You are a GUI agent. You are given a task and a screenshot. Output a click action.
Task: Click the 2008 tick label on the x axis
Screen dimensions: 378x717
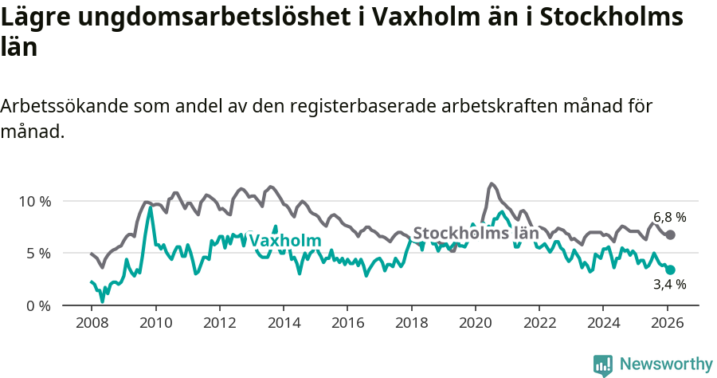[x=92, y=324]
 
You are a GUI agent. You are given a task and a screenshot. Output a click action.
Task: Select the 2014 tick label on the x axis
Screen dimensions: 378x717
[x=284, y=324]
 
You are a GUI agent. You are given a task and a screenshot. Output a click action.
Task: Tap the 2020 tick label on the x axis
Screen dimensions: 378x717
[x=476, y=324]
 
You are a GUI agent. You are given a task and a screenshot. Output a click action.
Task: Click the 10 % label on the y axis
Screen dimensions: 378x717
[x=34, y=201]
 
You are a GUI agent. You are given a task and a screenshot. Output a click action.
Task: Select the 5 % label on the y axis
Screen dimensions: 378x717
[x=38, y=254]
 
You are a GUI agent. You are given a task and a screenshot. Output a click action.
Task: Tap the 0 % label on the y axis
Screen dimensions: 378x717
[x=38, y=306]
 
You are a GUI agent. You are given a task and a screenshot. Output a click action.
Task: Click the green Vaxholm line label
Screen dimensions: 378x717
[x=285, y=241]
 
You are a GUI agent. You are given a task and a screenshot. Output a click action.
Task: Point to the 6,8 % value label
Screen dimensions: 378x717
[x=669, y=217]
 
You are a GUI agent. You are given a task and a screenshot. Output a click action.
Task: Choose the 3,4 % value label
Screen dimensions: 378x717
[x=669, y=284]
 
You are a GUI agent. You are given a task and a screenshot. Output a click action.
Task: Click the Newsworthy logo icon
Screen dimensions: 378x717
[x=603, y=365]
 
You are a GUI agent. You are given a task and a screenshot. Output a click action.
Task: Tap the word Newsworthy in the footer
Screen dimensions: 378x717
[x=666, y=364]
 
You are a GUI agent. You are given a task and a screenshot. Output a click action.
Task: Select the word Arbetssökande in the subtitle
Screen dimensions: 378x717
[x=64, y=106]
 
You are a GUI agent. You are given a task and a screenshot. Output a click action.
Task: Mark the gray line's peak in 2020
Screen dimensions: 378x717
[x=491, y=183]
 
